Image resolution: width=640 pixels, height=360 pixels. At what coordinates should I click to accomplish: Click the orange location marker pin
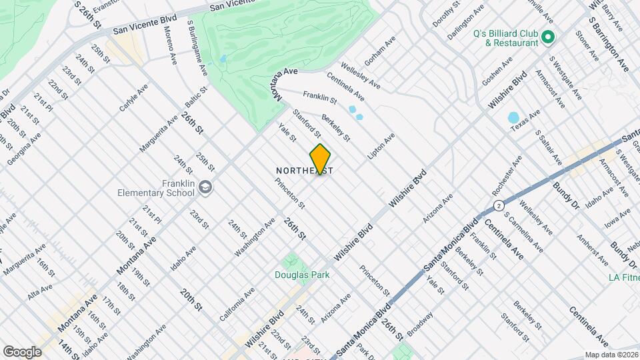point(320,159)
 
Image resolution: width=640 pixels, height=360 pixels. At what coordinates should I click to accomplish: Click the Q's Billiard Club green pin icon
point(548,37)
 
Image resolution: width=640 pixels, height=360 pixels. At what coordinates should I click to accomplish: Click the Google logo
point(22,351)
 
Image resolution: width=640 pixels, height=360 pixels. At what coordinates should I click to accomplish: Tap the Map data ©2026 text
point(610,355)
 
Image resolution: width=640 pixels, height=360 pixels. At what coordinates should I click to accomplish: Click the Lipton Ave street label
point(381,146)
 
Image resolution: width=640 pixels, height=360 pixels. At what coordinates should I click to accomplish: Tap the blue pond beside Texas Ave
point(513,118)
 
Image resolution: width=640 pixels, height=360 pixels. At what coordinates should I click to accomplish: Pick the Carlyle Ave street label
point(134,99)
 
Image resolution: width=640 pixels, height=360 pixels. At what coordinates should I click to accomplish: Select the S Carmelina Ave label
point(520,229)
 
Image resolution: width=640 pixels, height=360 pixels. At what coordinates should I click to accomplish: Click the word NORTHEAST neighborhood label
point(304,171)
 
